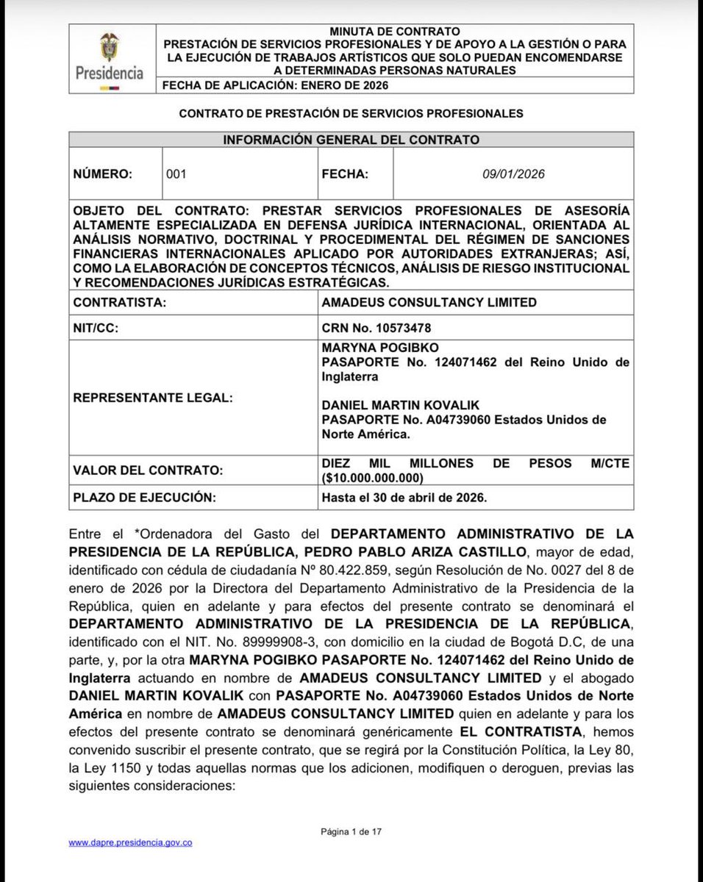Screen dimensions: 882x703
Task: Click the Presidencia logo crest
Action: coord(109,48)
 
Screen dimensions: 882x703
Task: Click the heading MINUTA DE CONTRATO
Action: coord(395,32)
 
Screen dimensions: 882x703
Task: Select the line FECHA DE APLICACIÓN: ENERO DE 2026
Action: coord(275,85)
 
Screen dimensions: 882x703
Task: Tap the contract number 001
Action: coord(176,174)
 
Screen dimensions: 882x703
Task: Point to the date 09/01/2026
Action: coord(513,174)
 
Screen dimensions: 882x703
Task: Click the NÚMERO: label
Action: coord(103,174)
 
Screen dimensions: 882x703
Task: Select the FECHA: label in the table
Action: coord(345,174)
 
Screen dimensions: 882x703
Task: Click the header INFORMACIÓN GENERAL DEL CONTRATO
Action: coord(351,140)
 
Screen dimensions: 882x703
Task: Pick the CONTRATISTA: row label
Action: coord(119,302)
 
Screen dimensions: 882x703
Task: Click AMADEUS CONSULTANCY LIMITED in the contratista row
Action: coord(429,302)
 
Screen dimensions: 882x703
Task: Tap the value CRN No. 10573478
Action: coord(376,329)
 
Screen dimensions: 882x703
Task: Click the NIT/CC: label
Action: coord(97,329)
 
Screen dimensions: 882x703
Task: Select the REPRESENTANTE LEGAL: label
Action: coord(153,398)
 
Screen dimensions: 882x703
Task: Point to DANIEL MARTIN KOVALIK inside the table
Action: coord(393,405)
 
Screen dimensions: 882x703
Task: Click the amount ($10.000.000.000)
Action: coord(374,477)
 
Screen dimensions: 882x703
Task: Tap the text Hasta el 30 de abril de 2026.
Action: coord(404,498)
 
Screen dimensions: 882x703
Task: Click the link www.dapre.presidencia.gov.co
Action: coord(130,842)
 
